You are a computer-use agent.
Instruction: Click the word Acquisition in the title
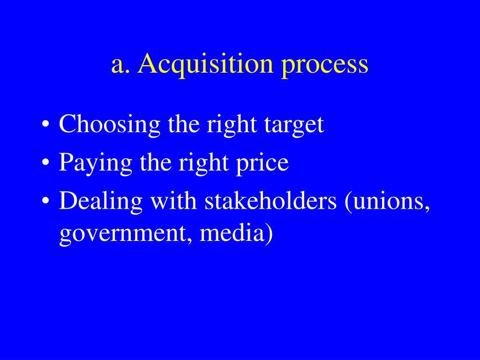pyautogui.click(x=205, y=64)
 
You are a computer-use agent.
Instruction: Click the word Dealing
pyautogui.click(x=101, y=202)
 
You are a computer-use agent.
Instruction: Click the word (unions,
pyautogui.click(x=387, y=202)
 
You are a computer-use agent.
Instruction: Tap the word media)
pyautogui.click(x=236, y=233)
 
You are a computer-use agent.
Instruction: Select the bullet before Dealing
pyautogui.click(x=45, y=201)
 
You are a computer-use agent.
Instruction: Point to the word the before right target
pyautogui.click(x=182, y=125)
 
